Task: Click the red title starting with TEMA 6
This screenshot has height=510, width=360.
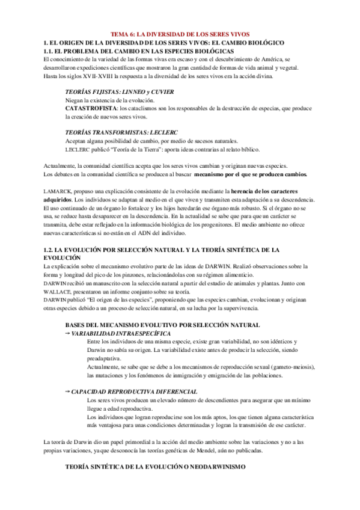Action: click(x=181, y=34)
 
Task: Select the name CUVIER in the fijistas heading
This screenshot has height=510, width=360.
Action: click(x=162, y=91)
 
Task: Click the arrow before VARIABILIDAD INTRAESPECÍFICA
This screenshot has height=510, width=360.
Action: click(x=67, y=333)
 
